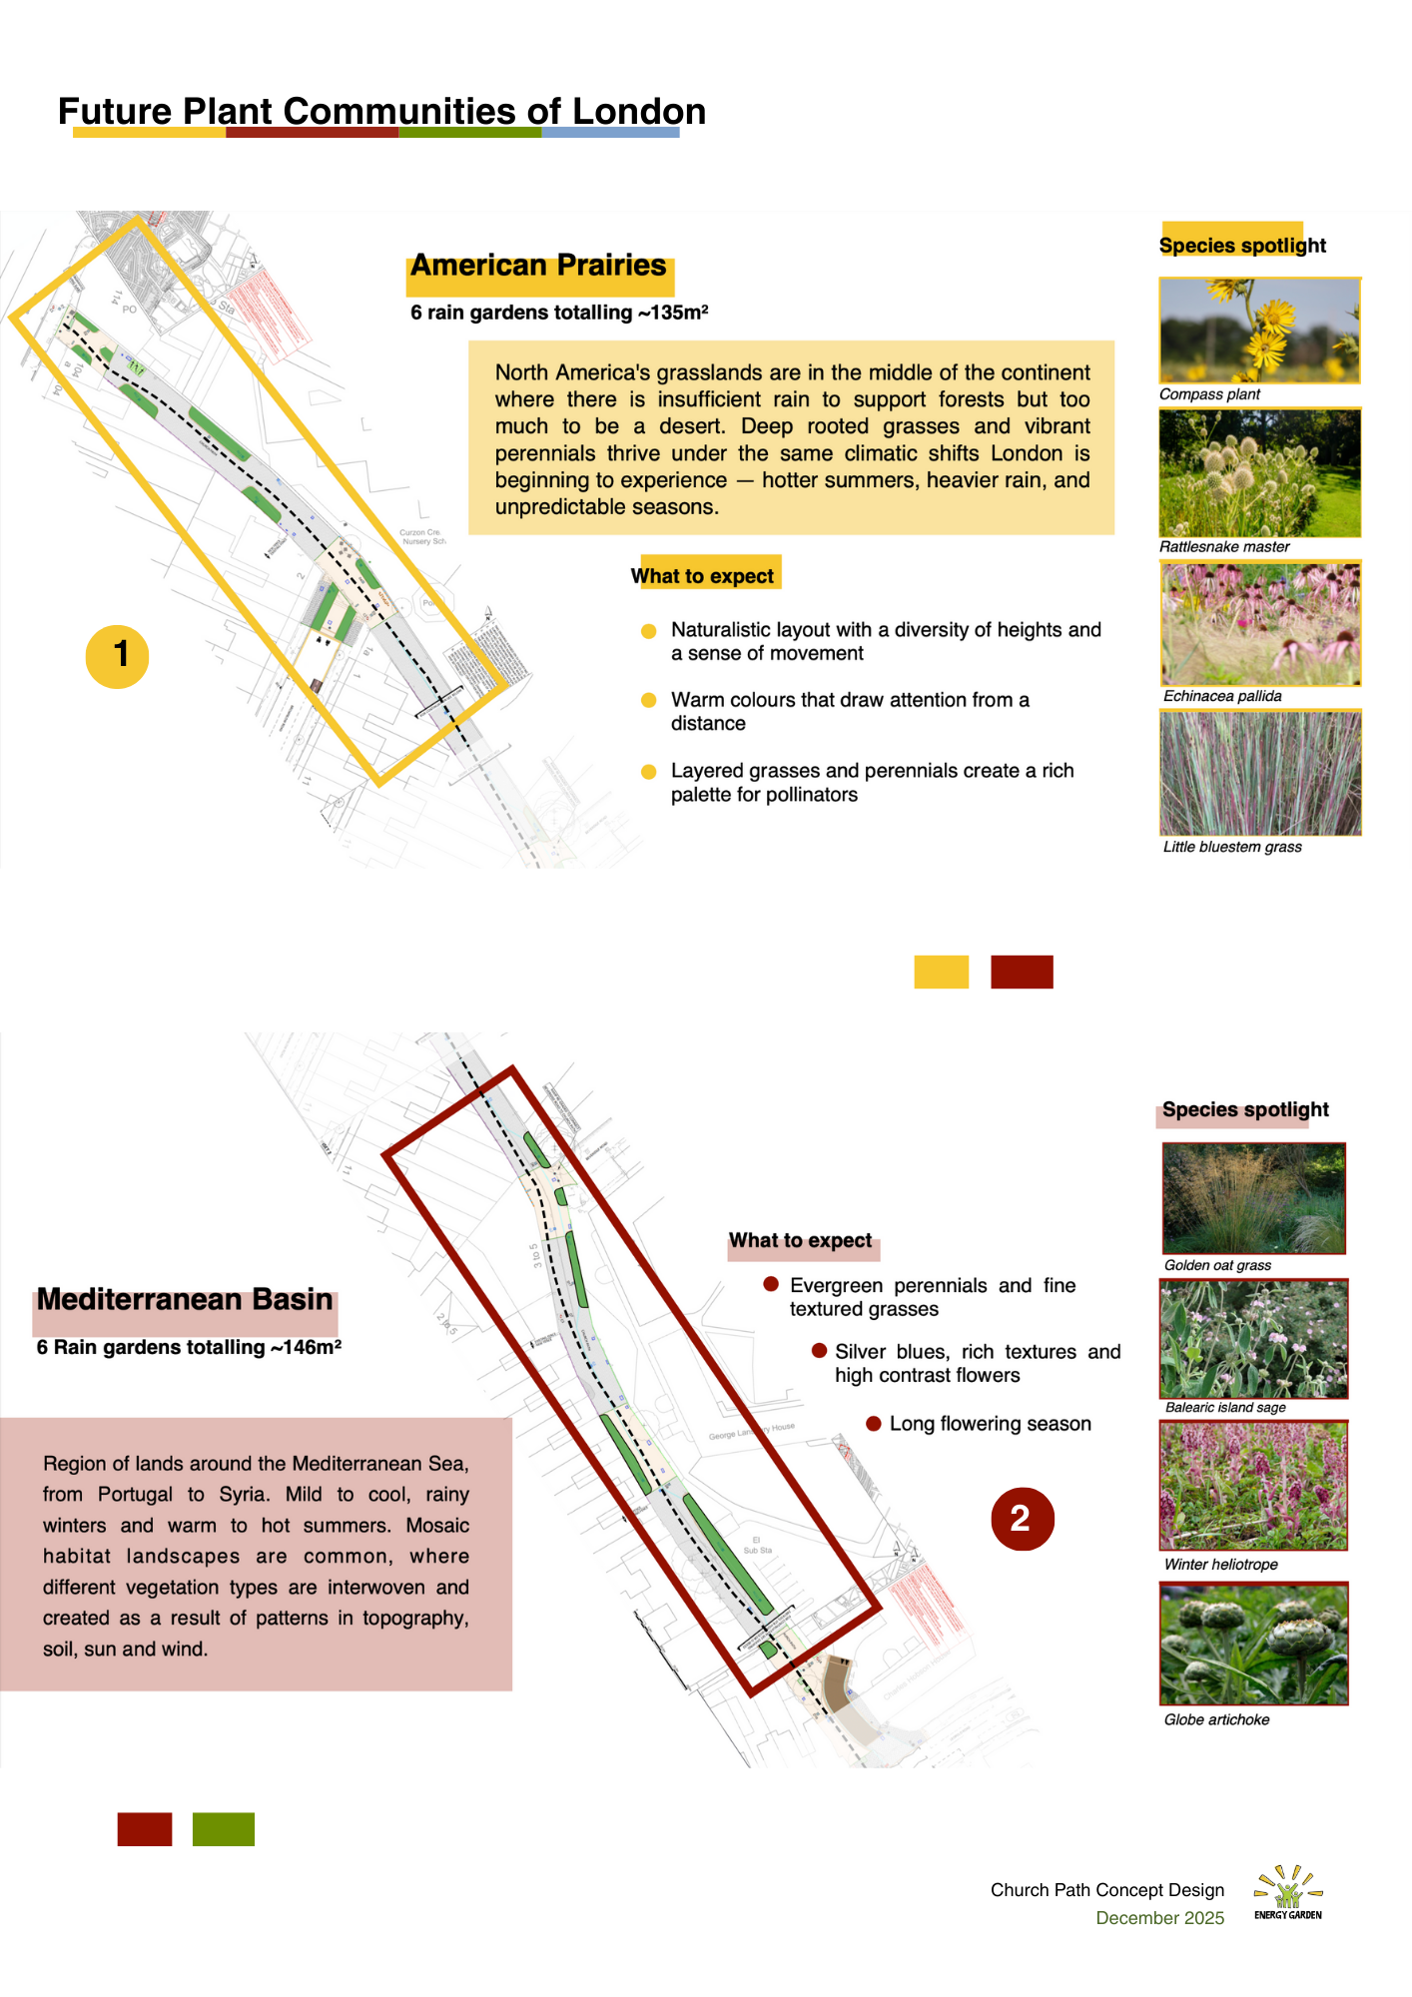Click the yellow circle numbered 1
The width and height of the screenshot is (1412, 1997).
click(x=118, y=656)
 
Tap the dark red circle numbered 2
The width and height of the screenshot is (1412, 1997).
click(x=1022, y=1519)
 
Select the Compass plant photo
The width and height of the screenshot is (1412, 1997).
click(x=1259, y=331)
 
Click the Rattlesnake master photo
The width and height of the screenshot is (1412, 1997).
click(x=1259, y=473)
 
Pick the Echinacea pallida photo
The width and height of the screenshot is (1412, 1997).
click(x=1260, y=624)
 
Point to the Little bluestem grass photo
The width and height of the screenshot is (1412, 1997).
click(x=1260, y=773)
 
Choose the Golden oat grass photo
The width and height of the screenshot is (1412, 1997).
click(x=1254, y=1198)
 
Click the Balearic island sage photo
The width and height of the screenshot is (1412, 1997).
click(x=1254, y=1339)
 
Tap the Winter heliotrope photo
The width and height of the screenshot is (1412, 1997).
click(x=1254, y=1486)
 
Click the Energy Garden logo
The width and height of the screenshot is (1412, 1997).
click(x=1288, y=1892)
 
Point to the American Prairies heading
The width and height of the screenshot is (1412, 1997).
click(x=539, y=267)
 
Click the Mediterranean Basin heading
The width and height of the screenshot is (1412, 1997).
click(x=185, y=1300)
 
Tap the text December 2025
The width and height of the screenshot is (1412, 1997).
click(x=1159, y=1918)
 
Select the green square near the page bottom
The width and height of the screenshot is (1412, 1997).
click(x=224, y=1829)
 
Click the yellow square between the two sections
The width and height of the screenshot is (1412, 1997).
click(x=941, y=972)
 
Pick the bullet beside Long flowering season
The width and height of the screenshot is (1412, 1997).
click(x=874, y=1424)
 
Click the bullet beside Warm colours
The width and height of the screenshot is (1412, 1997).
click(x=649, y=700)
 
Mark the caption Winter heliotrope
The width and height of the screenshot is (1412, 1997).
click(x=1220, y=1565)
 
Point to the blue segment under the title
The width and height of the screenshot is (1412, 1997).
click(x=610, y=132)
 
